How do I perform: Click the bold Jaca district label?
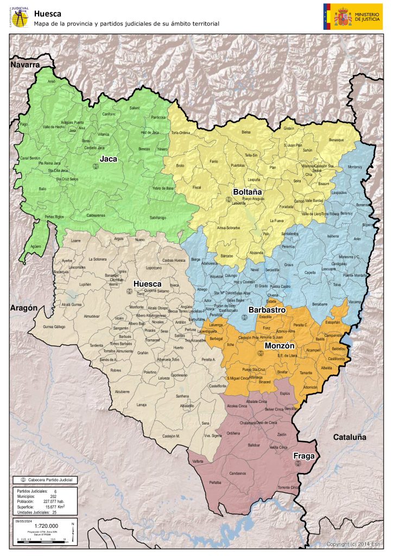(109, 159)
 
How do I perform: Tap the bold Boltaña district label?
(248, 192)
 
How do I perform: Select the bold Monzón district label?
(279, 345)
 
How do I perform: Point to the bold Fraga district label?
(304, 456)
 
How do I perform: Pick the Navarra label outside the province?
(25, 65)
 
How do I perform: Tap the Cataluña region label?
(350, 437)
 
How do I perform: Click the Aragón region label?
(23, 308)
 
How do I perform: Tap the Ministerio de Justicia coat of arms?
(343, 16)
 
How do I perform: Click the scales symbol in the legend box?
(23, 480)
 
